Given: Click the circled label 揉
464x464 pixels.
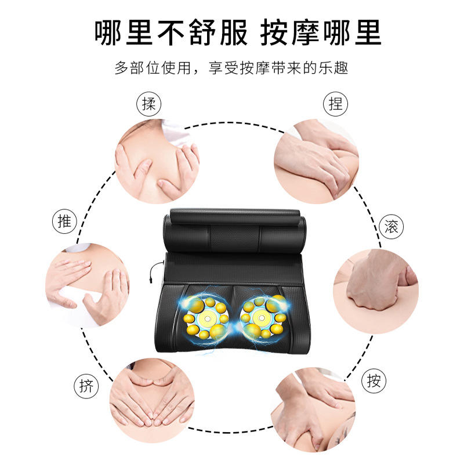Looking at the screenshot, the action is pyautogui.click(x=148, y=104).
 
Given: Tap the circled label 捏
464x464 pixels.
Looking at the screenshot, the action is pyautogui.click(x=335, y=104).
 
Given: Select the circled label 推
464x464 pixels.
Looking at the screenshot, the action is pyautogui.click(x=64, y=221).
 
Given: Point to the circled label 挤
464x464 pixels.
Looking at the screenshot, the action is pyautogui.click(x=86, y=386).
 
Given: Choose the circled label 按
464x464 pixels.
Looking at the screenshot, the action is pyautogui.click(x=374, y=380).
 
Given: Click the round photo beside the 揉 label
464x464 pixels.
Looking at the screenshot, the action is pyautogui.click(x=157, y=161).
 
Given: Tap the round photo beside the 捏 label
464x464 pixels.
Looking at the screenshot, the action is pyautogui.click(x=316, y=161).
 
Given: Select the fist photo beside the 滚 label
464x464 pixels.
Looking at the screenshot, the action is pyautogui.click(x=376, y=291).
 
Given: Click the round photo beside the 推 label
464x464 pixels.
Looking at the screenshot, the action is pyautogui.click(x=88, y=285).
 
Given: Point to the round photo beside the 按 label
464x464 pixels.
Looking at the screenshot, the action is pyautogui.click(x=313, y=410).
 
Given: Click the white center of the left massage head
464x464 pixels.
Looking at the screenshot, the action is pyautogui.click(x=208, y=318).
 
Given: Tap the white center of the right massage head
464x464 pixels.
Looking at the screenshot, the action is pyautogui.click(x=262, y=318).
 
